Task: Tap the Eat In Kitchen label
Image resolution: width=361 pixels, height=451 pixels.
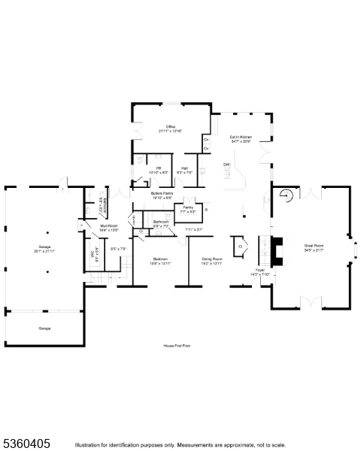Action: point(241,138)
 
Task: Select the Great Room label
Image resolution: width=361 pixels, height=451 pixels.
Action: point(314,247)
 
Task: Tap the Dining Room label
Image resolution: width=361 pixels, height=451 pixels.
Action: point(211,259)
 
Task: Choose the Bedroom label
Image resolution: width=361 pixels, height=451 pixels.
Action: point(161,259)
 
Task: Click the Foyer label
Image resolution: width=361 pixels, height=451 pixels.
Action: point(259,269)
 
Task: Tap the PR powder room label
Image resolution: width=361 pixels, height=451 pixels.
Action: point(159,168)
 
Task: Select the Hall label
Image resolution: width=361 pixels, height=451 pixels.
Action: point(184,168)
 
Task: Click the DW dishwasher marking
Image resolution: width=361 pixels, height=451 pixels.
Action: point(226,164)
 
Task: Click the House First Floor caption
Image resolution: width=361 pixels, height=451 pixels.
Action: point(179,345)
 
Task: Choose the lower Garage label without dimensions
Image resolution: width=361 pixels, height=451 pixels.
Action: point(44,328)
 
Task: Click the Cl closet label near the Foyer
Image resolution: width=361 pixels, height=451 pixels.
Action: point(241,246)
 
